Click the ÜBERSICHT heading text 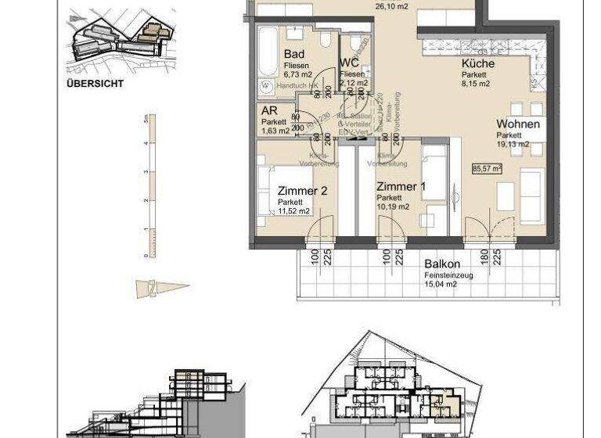[95, 82]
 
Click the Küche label [477, 64]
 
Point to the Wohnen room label [517, 124]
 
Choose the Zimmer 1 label [401, 186]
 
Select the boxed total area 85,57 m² [486, 167]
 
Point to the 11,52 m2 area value [293, 210]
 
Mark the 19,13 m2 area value [513, 144]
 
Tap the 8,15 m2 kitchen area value [475, 83]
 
